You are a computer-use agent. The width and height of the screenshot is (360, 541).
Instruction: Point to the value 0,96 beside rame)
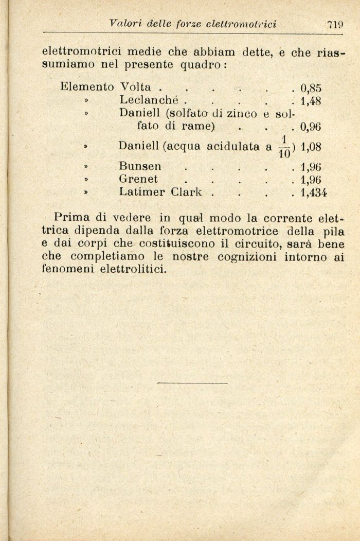(x=311, y=126)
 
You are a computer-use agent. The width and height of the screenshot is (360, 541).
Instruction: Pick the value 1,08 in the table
(x=311, y=147)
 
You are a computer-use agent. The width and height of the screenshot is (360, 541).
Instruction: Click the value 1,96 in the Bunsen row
(x=311, y=167)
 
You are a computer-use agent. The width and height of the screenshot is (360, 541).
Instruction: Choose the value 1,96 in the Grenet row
(x=311, y=180)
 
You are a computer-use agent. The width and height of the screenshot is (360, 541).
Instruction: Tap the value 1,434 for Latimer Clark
(x=314, y=193)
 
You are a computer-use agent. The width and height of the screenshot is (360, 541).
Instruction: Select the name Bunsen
(x=140, y=167)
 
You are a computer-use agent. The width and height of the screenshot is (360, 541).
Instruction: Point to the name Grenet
(x=138, y=180)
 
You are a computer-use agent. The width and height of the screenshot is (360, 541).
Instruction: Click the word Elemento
(x=86, y=86)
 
